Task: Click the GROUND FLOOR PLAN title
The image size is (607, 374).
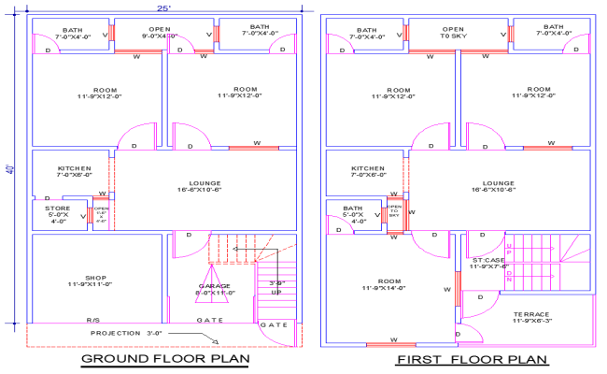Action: [165, 359]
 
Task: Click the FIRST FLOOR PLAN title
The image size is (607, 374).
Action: [459, 359]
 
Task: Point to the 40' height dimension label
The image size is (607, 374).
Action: [10, 170]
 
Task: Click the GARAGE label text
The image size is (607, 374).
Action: [214, 287]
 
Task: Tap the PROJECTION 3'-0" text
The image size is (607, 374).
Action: [128, 333]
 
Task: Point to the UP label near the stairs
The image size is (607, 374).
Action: [275, 292]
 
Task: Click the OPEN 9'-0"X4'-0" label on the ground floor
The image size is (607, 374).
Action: [160, 34]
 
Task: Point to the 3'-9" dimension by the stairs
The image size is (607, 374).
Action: [276, 282]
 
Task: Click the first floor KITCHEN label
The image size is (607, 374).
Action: [368, 170]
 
